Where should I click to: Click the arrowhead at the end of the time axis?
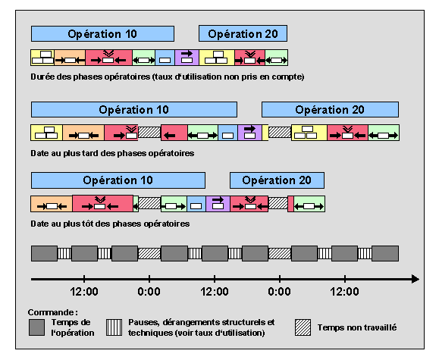coord(415,279)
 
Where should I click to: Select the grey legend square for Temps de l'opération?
coord(36,327)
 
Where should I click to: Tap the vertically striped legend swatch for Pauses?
coord(114,327)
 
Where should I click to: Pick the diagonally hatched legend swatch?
coord(303,327)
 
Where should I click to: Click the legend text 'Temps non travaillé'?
coord(357,327)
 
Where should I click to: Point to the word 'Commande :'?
coord(52,312)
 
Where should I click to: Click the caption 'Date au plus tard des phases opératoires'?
coord(112,153)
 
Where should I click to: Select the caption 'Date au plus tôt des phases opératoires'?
coord(110,224)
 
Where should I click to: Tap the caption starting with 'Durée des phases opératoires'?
coord(168,77)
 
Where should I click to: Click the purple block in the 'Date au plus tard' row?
coord(249,133)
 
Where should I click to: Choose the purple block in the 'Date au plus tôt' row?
coord(218,204)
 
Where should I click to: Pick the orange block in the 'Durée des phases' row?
coord(70,58)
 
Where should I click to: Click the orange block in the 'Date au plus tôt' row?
coord(52,204)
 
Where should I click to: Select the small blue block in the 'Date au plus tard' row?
coord(228,133)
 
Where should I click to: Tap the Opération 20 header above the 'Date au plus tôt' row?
coord(277,180)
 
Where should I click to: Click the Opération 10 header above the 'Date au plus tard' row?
coord(134,109)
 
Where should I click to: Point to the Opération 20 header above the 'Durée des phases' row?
coord(243,33)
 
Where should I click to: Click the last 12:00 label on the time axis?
coord(345,292)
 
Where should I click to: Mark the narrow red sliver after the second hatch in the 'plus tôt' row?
coord(290,204)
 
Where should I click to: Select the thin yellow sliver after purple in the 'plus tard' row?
coord(265,133)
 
